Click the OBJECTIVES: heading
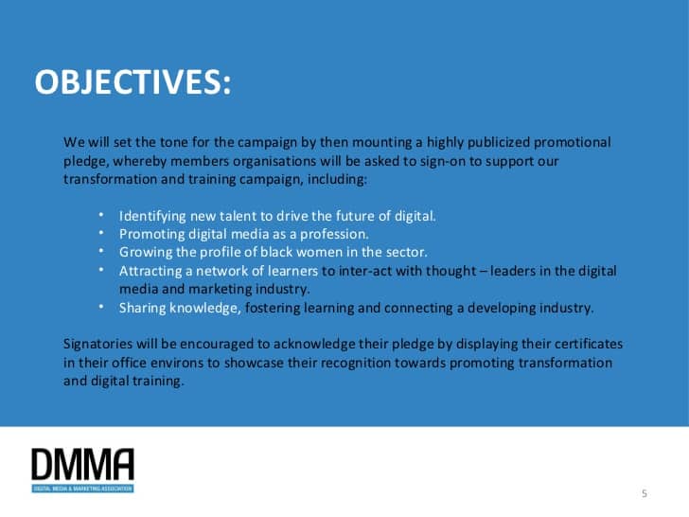coord(132,81)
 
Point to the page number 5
coord(645,493)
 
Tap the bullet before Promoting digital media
coord(101,232)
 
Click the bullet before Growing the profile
coord(101,251)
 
